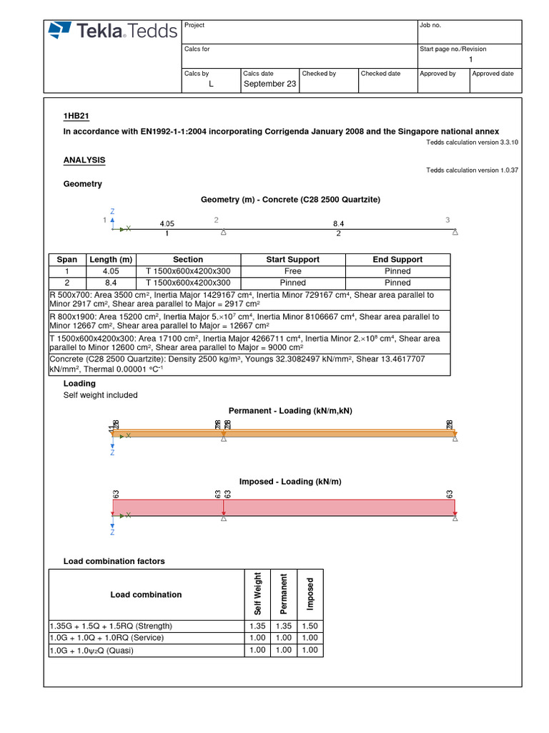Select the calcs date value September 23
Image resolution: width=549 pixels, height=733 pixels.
tap(269, 84)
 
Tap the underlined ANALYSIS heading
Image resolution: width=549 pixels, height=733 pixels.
tap(84, 160)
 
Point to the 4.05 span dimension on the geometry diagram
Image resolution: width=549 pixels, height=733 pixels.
tap(167, 223)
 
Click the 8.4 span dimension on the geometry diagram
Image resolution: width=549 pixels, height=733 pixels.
tap(338, 223)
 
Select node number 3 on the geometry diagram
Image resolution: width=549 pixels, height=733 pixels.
tap(447, 220)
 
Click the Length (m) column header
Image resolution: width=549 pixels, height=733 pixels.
tap(110, 260)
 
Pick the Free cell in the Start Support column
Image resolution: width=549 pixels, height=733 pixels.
tap(293, 271)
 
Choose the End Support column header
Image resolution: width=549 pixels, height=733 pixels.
tap(397, 260)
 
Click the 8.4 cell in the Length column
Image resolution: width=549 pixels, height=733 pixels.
tap(110, 283)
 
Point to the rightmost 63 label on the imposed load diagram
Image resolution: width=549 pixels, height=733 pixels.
tap(450, 494)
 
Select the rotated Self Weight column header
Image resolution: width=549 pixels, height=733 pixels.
tap(258, 593)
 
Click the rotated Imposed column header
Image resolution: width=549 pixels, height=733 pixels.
tap(310, 594)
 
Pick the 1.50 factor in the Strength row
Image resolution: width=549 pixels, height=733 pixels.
tap(310, 626)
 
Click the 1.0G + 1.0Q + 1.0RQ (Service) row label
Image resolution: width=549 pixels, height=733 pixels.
tap(107, 638)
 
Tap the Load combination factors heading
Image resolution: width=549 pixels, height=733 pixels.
tap(114, 561)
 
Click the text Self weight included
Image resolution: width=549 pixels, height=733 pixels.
tap(101, 395)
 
